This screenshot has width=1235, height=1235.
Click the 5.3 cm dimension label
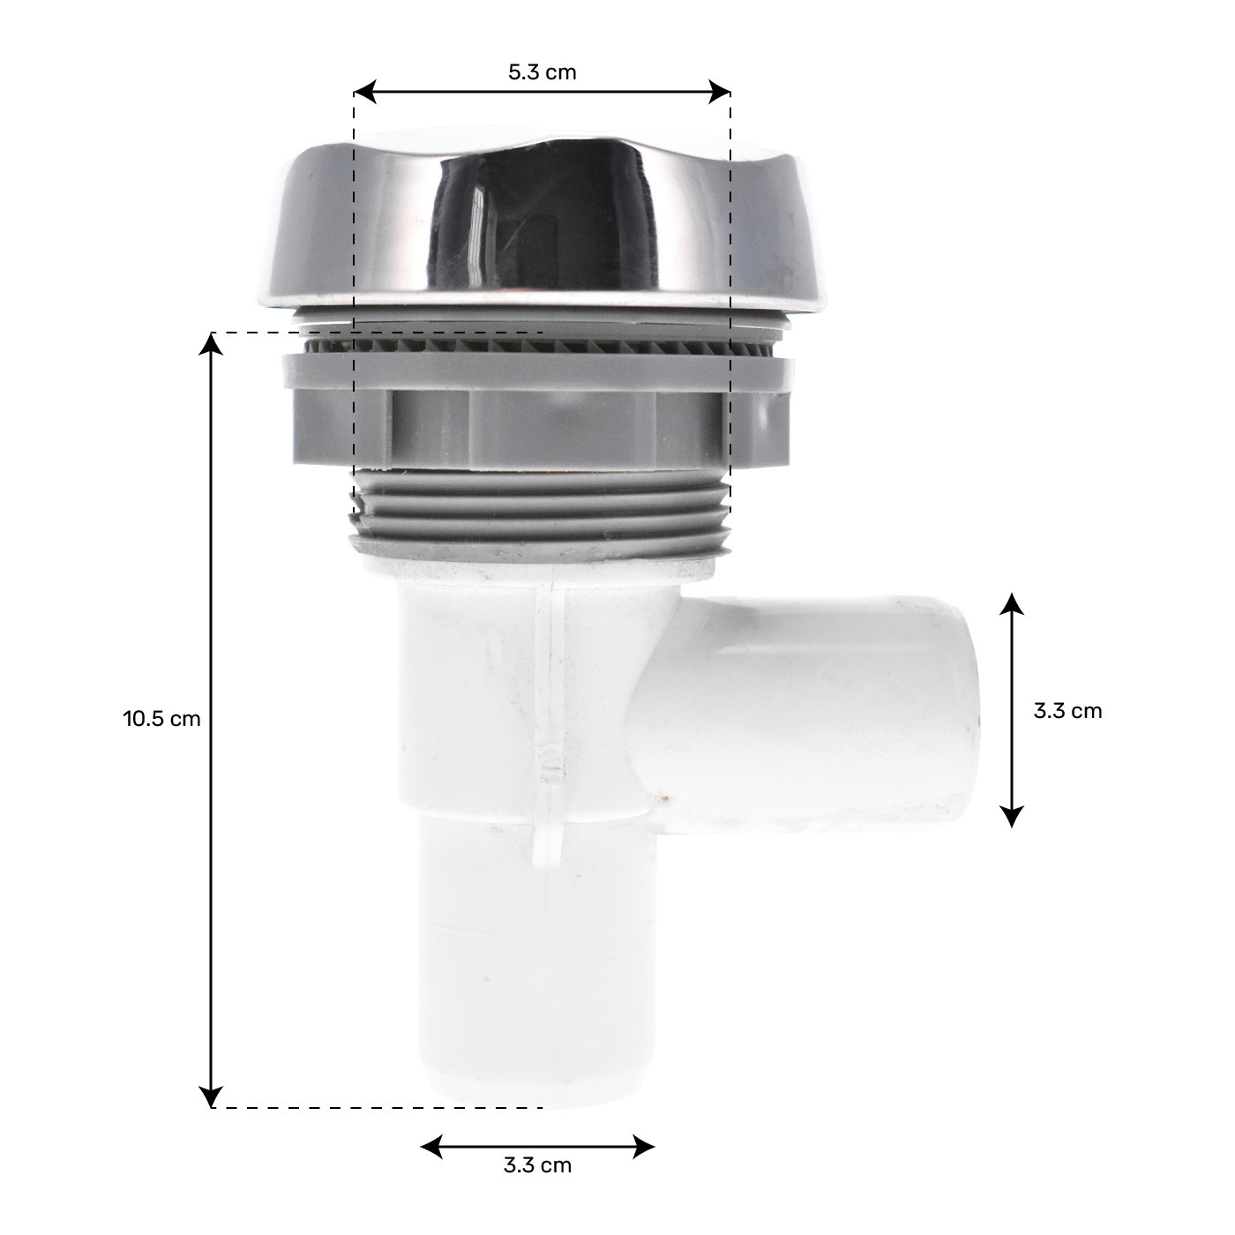click(542, 72)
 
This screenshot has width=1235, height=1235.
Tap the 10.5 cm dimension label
click(161, 718)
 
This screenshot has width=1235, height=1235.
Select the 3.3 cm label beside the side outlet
click(1067, 711)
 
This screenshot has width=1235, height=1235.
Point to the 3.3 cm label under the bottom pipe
click(537, 1165)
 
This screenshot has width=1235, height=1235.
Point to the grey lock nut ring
click(538, 415)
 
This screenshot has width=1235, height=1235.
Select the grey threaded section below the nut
click(538, 516)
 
